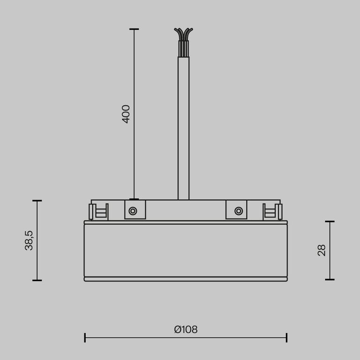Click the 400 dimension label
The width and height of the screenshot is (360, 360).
pyautogui.click(x=126, y=114)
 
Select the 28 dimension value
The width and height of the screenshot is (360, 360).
pyautogui.click(x=322, y=250)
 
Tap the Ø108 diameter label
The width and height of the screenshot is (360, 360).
pyautogui.click(x=186, y=330)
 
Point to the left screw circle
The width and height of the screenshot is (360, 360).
pyautogui.click(x=133, y=211)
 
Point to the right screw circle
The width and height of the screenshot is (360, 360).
pyautogui.click(x=239, y=211)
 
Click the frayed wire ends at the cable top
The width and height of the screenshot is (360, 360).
pyautogui.click(x=183, y=34)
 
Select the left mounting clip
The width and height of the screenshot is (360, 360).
pyautogui.click(x=99, y=211)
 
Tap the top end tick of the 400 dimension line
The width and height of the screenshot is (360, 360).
pyautogui.click(x=134, y=29)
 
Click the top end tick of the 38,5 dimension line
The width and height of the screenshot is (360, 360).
pyautogui.click(x=37, y=201)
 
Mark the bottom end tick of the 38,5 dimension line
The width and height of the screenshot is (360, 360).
pyautogui.click(x=37, y=280)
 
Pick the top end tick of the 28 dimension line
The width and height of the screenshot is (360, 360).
pyautogui.click(x=330, y=221)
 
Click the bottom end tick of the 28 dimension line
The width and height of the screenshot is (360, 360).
pyautogui.click(x=330, y=279)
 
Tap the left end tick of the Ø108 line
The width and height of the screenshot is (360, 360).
pyautogui.click(x=85, y=337)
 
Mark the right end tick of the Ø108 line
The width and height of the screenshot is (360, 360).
pyautogui.click(x=286, y=337)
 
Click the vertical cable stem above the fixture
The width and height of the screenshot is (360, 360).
pyautogui.click(x=183, y=127)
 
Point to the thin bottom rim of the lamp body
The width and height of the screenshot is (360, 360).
pyautogui.click(x=186, y=279)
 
